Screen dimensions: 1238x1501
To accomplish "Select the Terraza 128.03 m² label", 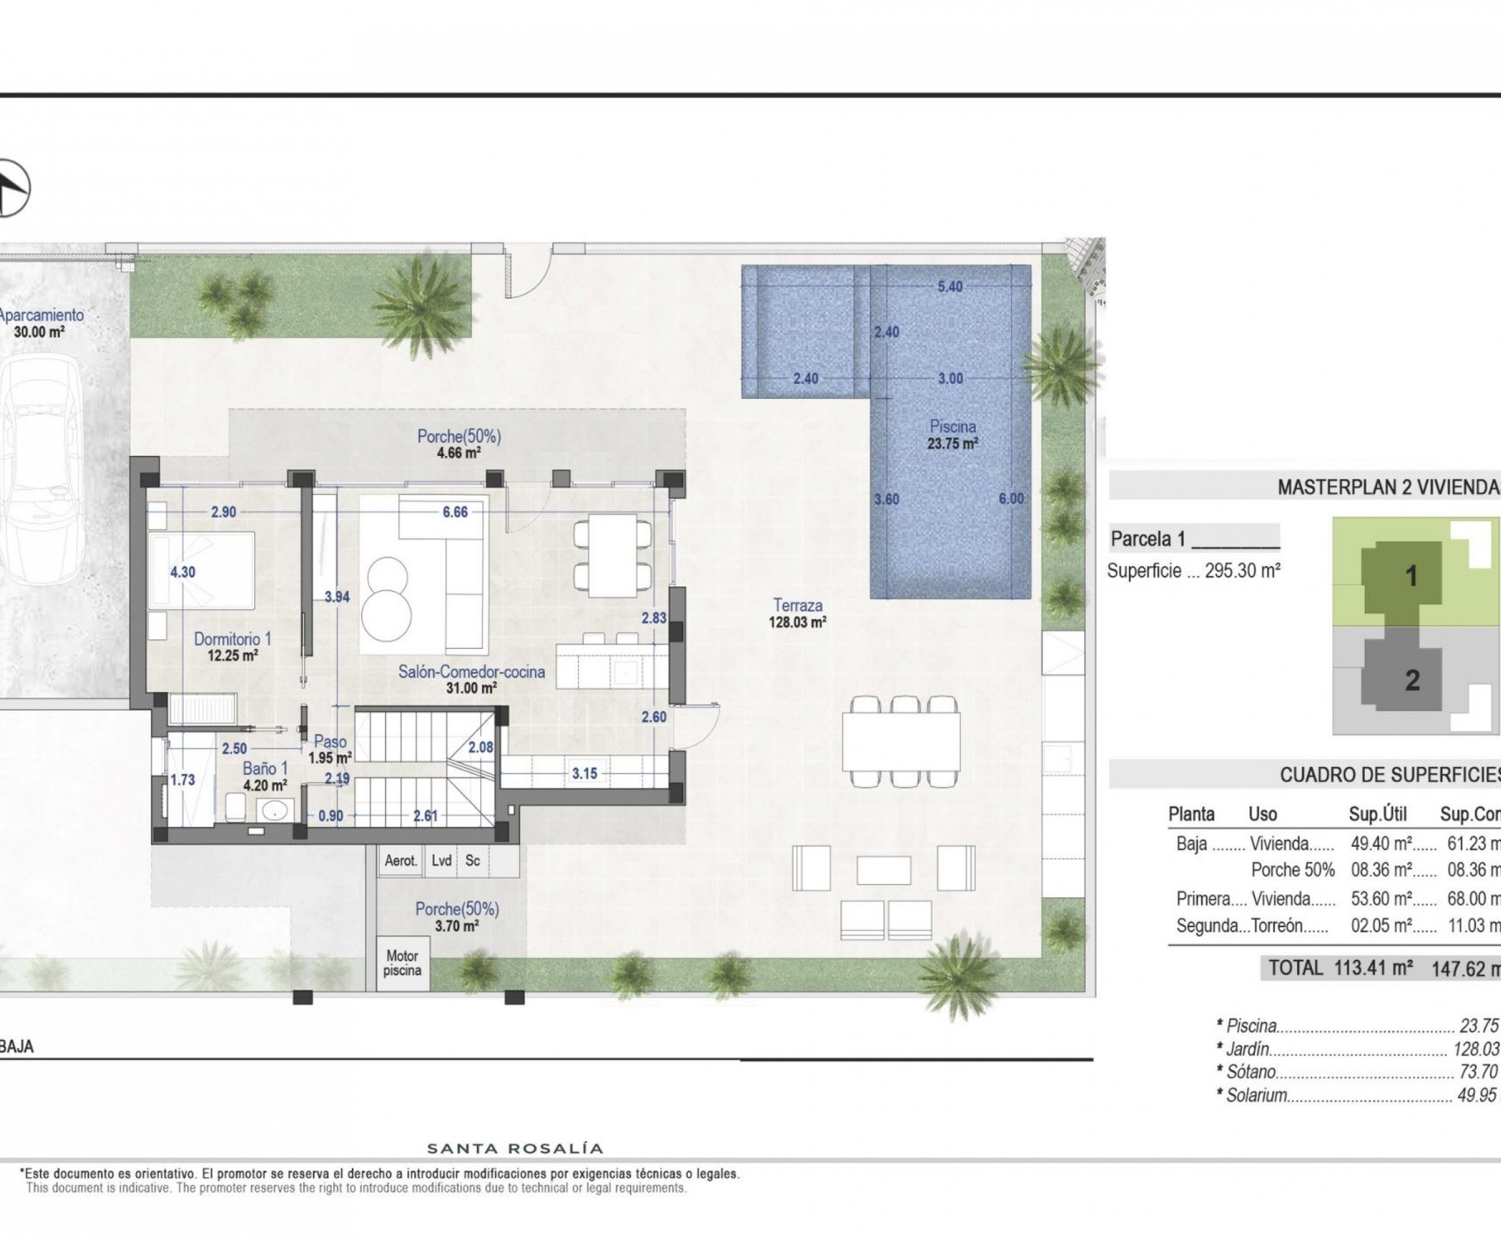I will [x=797, y=613].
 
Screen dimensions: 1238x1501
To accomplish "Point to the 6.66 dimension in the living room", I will [x=455, y=512].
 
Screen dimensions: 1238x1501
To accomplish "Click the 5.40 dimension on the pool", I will [x=950, y=287].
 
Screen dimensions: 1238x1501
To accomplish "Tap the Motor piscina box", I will [x=402, y=963].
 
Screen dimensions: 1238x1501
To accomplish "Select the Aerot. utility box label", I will [x=401, y=861].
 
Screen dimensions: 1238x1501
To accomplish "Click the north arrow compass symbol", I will [x=10, y=188].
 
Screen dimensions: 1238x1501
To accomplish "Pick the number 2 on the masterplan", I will [x=1412, y=680].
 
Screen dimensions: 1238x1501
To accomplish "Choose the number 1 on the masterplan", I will [x=1410, y=576].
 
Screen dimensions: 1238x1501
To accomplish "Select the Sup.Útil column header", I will [x=1378, y=814].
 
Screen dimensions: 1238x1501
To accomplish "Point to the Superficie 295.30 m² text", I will [x=1194, y=571].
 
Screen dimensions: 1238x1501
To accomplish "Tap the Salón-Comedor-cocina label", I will [x=471, y=672].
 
